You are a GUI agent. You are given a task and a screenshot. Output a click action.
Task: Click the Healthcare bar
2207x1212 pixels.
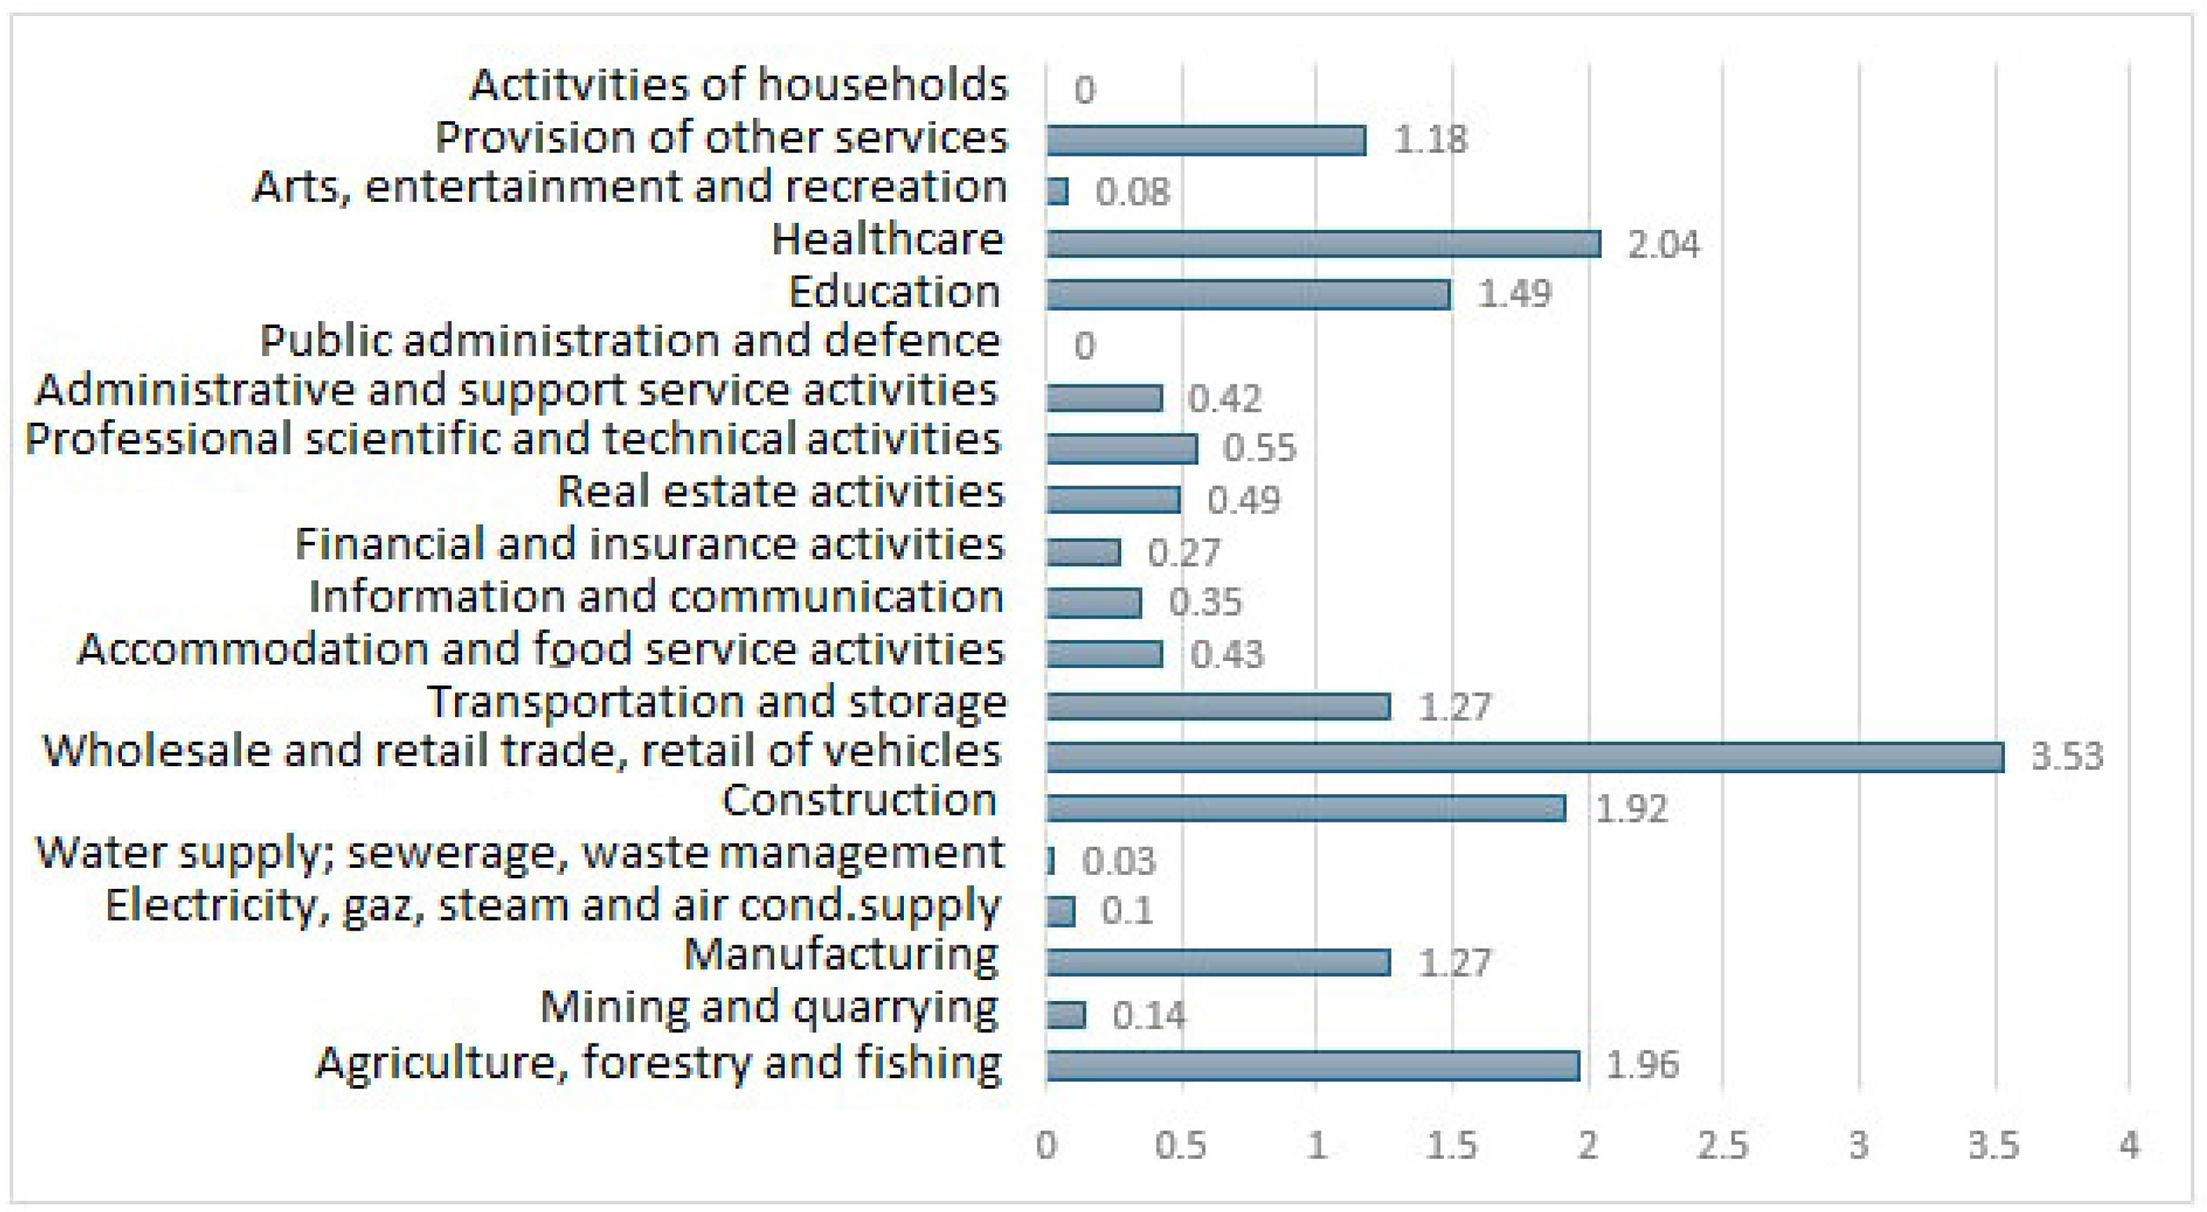pos(1323,244)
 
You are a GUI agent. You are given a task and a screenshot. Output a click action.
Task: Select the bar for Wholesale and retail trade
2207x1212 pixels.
pos(1524,757)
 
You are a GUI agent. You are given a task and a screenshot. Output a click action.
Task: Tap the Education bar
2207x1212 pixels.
pos(1247,295)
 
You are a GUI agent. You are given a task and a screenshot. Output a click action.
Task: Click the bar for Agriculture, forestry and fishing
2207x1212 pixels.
pos(1312,1066)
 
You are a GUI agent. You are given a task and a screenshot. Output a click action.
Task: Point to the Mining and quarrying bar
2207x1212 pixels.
pos(1066,1015)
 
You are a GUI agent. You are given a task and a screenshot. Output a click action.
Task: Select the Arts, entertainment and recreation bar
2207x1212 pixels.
pos(1057,191)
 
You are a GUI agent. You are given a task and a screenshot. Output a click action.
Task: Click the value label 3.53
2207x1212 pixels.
pos(2066,757)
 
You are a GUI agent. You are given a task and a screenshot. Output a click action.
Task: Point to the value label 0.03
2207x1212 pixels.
pos(1119,861)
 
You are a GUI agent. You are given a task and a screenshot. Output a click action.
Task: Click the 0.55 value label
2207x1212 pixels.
pos(1259,448)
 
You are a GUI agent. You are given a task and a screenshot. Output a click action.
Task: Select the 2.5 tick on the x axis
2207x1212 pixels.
pos(1722,1146)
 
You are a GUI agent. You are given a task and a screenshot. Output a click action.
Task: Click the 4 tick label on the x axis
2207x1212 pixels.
pos(2129,1146)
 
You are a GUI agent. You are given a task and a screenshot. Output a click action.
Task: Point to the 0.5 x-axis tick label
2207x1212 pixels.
pos(1181,1146)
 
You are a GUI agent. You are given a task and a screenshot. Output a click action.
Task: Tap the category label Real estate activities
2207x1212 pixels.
pos(780,492)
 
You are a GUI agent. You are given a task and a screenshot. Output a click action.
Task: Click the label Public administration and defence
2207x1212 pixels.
pos(630,341)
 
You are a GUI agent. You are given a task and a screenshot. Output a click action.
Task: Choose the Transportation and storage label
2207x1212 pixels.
pos(717,702)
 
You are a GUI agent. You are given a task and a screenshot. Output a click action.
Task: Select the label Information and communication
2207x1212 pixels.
pos(656,597)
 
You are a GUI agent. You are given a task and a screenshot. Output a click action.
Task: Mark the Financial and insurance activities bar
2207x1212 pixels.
pos(1083,552)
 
